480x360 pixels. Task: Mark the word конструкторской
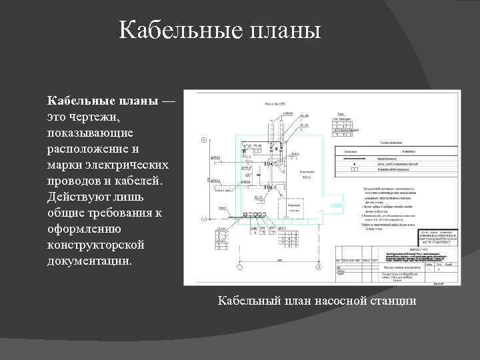click(95, 245)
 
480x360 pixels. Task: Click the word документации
click(89, 261)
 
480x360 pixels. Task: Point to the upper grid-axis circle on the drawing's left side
click(203, 141)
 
